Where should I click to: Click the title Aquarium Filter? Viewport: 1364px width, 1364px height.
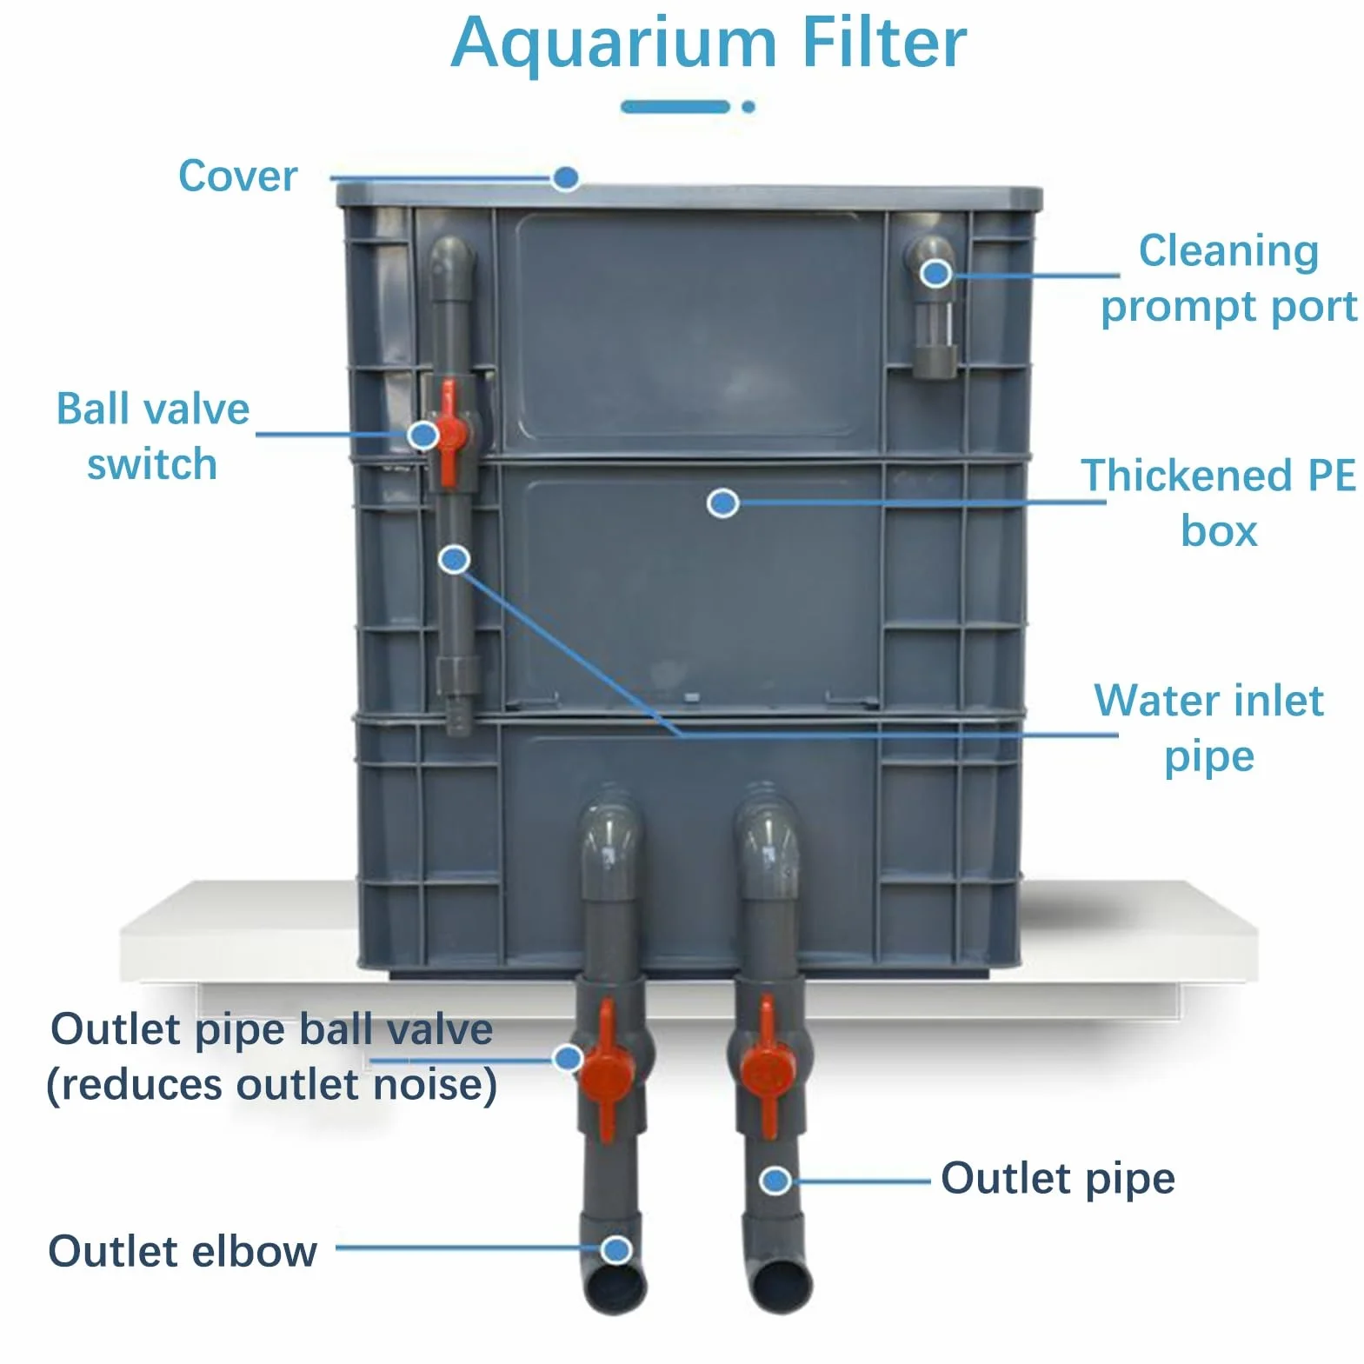point(709,43)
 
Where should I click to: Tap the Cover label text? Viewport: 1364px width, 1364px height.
point(237,176)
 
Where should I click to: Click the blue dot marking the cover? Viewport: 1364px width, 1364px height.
point(566,178)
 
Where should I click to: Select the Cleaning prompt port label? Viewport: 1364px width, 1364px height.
point(1228,278)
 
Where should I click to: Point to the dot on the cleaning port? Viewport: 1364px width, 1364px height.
point(936,274)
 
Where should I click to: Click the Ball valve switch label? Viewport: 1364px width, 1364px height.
point(152,436)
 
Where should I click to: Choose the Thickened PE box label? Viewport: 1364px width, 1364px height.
point(1218,503)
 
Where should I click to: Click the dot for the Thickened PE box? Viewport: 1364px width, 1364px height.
point(723,502)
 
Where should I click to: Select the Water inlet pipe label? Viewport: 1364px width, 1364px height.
point(1209,729)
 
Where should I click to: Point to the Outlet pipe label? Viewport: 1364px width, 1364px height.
point(1058,1180)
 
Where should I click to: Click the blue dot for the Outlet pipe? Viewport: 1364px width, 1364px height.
point(775,1181)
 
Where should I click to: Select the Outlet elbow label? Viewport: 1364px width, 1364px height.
point(183,1252)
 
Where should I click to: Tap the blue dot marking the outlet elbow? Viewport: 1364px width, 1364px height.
point(616,1250)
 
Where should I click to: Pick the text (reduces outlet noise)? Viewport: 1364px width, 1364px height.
point(271,1085)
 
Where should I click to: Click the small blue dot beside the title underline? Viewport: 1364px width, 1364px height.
point(749,107)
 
